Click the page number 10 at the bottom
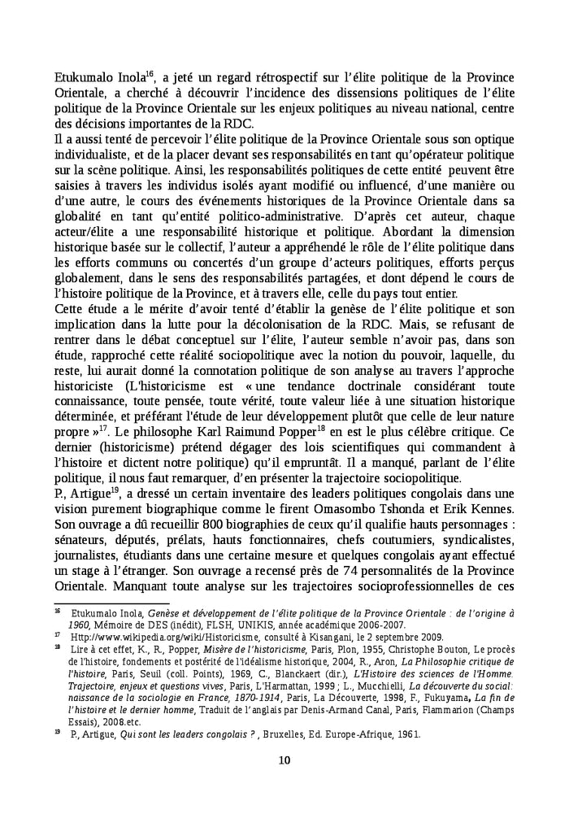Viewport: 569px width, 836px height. [x=284, y=760]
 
